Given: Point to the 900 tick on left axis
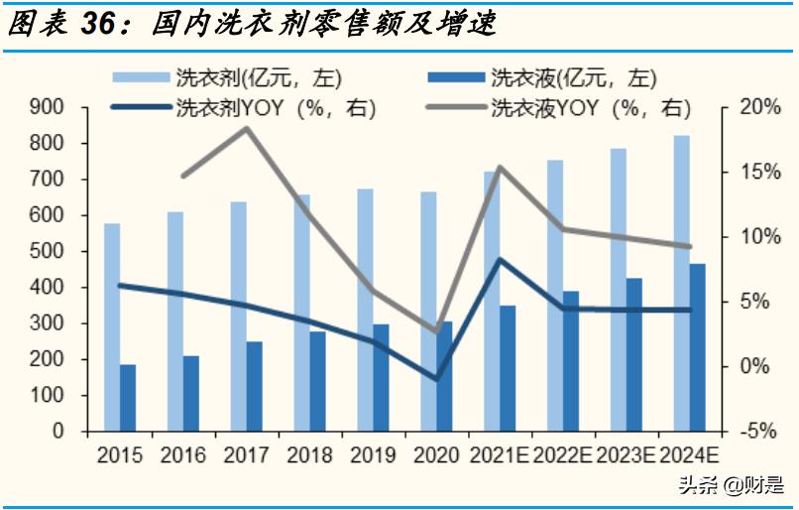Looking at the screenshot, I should click(x=46, y=107).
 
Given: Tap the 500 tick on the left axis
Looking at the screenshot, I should click(x=46, y=251).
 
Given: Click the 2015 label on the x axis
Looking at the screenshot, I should click(x=119, y=455).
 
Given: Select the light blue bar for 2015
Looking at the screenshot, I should click(x=112, y=327).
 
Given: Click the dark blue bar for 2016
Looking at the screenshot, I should click(x=191, y=393).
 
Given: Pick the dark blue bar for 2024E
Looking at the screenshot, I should click(x=698, y=347).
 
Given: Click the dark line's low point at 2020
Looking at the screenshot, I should click(x=436, y=379).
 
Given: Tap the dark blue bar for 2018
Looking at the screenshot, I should click(x=317, y=381).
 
